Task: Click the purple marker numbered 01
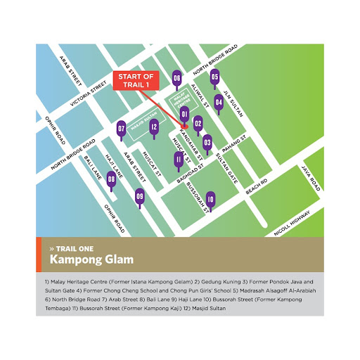click(184, 114)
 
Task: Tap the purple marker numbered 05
click(215, 78)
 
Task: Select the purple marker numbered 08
click(111, 179)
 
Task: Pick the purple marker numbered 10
click(210, 199)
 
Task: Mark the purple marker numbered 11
click(179, 160)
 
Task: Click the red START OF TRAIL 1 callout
click(138, 81)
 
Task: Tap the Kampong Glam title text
click(91, 259)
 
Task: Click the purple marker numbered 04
click(219, 103)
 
